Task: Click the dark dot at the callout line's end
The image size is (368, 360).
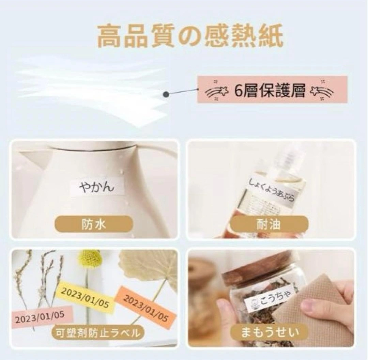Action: [x=166, y=94]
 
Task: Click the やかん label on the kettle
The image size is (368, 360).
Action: [x=97, y=186]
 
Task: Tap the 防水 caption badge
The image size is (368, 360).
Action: [x=94, y=224]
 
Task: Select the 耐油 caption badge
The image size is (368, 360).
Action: [x=269, y=224]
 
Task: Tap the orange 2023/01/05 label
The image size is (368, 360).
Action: [x=145, y=308]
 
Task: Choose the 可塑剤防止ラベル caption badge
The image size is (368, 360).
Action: [x=98, y=332]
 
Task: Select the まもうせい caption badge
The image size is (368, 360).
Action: [x=269, y=332]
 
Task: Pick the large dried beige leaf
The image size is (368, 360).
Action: [x=149, y=269]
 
